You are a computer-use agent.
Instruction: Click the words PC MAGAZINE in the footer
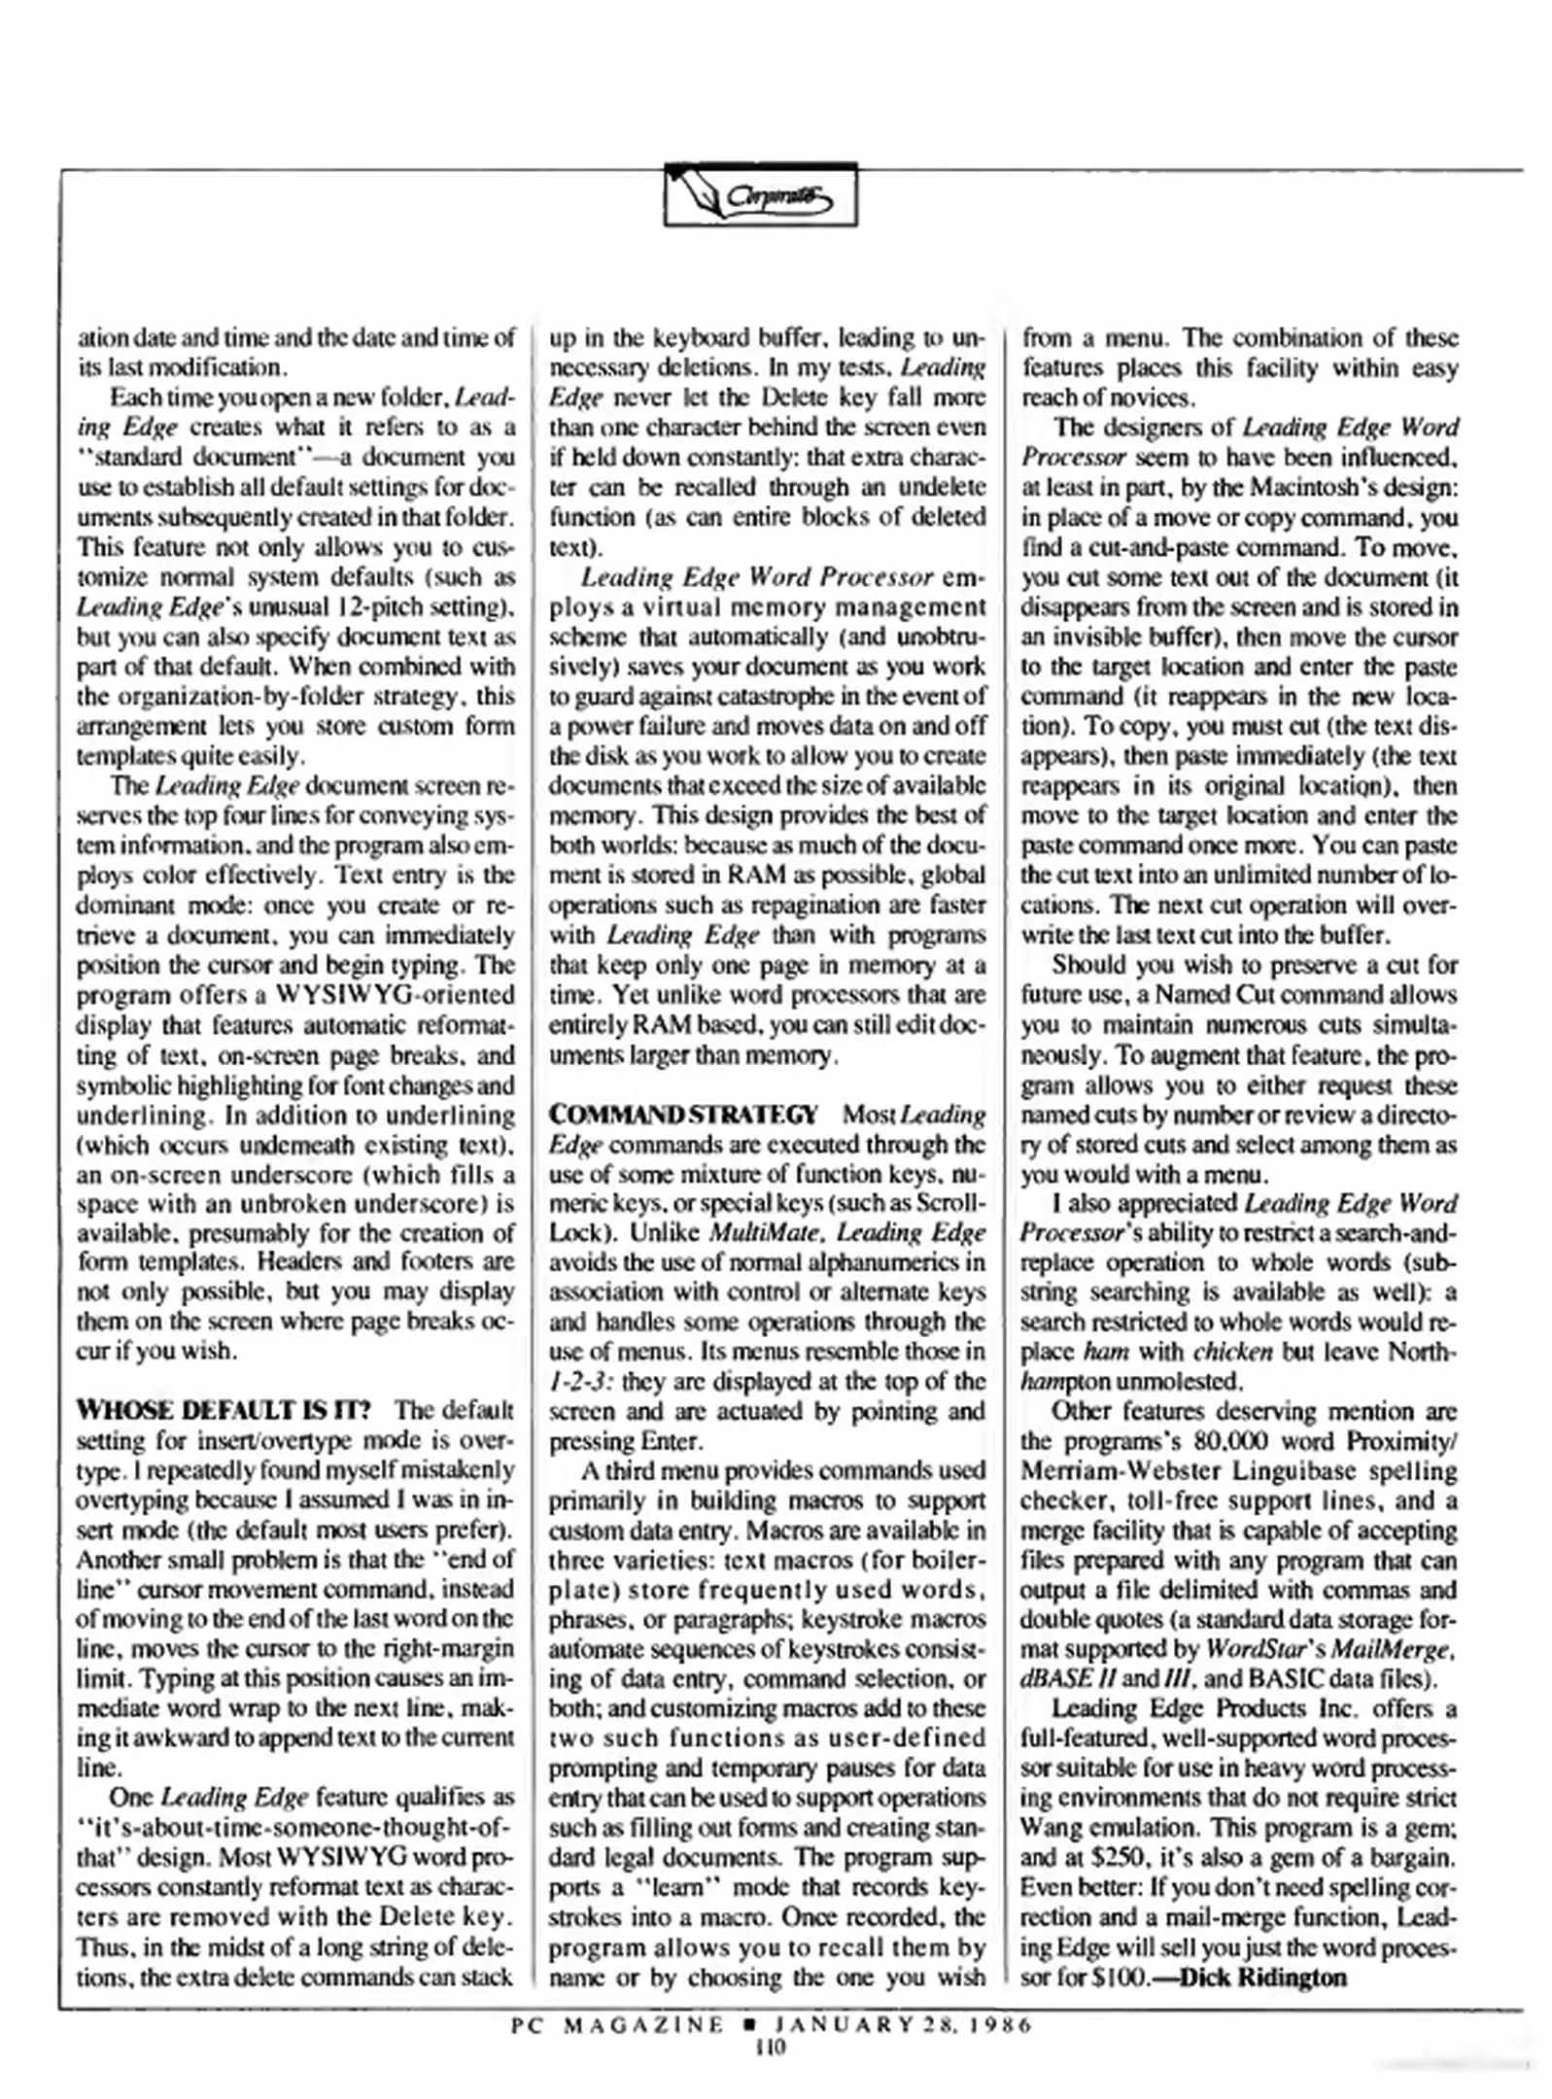pyautogui.click(x=618, y=2025)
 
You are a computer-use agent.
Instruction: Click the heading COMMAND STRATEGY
pyautogui.click(x=683, y=1114)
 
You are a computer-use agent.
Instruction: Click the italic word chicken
pyautogui.click(x=1232, y=1352)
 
